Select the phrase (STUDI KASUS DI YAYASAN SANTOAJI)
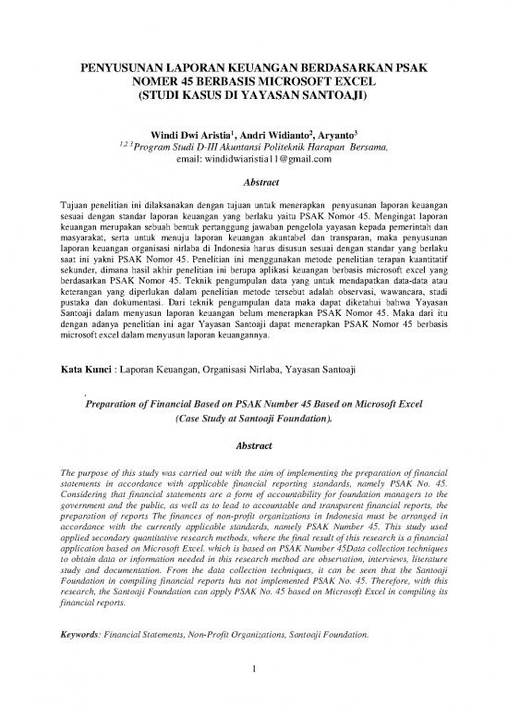(x=253, y=94)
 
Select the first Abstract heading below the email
(x=253, y=183)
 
